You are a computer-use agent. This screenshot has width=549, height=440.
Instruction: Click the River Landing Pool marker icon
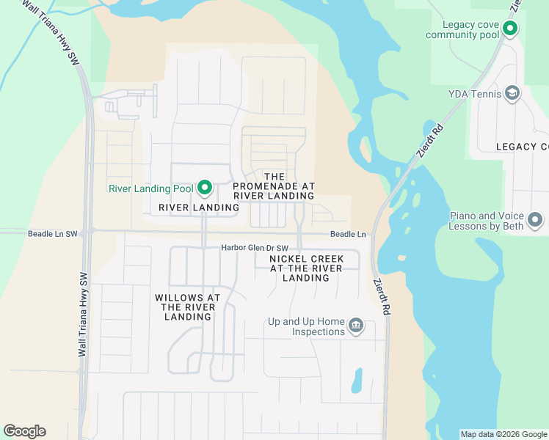(205, 188)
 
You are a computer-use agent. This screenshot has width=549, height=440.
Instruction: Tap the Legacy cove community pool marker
(509, 29)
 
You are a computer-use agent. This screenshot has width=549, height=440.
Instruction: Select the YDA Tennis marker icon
(512, 93)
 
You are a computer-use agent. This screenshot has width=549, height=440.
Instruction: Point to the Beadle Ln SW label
(52, 233)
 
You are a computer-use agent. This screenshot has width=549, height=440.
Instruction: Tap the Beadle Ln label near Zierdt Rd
(348, 233)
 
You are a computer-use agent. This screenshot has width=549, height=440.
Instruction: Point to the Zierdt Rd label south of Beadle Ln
(381, 297)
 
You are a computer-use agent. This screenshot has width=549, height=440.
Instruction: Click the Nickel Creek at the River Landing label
(306, 268)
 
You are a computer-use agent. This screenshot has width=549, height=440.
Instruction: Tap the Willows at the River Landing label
(188, 307)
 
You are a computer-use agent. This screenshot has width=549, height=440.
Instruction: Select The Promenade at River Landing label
(274, 186)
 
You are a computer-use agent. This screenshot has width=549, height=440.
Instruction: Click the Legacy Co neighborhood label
(521, 147)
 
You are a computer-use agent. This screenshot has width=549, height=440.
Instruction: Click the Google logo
(24, 431)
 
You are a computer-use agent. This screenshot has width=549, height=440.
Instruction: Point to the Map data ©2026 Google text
(503, 434)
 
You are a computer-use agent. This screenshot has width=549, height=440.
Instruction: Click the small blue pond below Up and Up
(357, 380)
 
